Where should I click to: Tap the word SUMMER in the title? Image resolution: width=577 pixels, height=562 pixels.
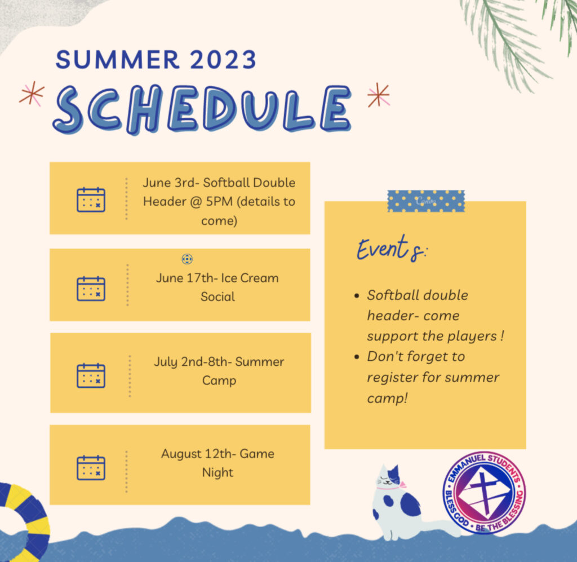pos(117,59)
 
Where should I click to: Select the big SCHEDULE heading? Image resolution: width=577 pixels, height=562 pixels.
pos(202,109)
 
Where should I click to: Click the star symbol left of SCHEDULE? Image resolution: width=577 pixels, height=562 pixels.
pos(32,94)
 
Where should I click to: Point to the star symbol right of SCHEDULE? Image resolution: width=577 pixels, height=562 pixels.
pos(379,95)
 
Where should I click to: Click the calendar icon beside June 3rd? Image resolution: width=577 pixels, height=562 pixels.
pos(91,200)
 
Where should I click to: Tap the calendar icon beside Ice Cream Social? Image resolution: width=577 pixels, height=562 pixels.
pos(91,289)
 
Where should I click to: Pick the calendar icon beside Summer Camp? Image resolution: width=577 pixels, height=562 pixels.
pos(91,375)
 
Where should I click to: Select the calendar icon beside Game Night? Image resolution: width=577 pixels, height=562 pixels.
pos(91,467)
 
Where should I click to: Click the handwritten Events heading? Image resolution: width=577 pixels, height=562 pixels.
pos(392,249)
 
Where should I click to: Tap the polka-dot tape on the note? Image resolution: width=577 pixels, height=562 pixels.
pos(426,201)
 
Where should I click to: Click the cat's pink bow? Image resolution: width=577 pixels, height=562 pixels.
pos(403,484)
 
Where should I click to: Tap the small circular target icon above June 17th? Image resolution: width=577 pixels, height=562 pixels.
pos(187,259)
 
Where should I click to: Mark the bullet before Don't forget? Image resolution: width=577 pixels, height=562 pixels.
pos(357,357)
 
